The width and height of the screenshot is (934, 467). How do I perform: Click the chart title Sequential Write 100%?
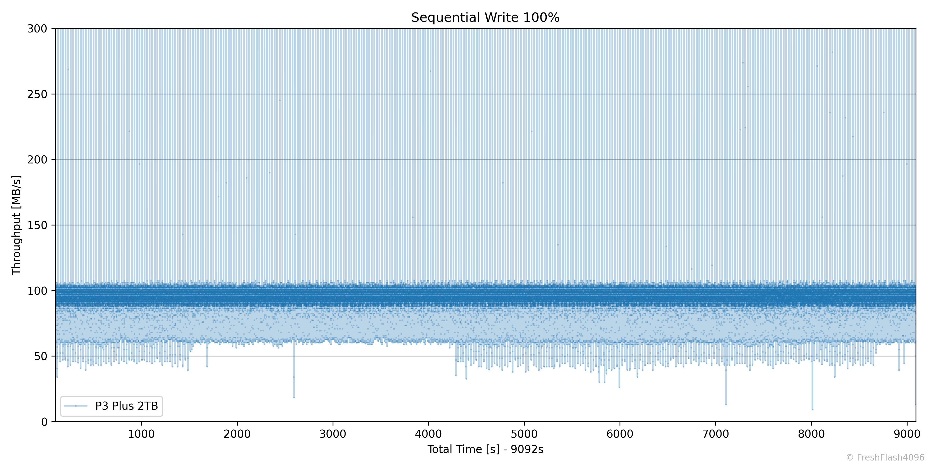pyautogui.click(x=485, y=17)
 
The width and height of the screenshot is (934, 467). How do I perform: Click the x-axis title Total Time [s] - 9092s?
pyautogui.click(x=485, y=449)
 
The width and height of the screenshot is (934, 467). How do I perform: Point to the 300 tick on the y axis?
pyautogui.click(x=37, y=29)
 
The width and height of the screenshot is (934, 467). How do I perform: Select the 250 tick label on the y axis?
pyautogui.click(x=37, y=94)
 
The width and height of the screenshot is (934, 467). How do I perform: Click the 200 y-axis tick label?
pyautogui.click(x=37, y=160)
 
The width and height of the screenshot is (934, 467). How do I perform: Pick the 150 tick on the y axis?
pyautogui.click(x=37, y=225)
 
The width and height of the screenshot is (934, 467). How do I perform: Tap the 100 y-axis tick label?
pyautogui.click(x=37, y=291)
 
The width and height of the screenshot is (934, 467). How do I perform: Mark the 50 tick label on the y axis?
pyautogui.click(x=41, y=356)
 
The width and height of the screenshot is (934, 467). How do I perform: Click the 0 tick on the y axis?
pyautogui.click(x=44, y=422)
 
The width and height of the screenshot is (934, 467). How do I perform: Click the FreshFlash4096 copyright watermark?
pyautogui.click(x=885, y=458)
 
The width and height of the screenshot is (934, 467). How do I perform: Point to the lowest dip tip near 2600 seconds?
pyautogui.click(x=294, y=397)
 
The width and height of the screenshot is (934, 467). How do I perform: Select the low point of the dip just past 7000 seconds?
pyautogui.click(x=726, y=404)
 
